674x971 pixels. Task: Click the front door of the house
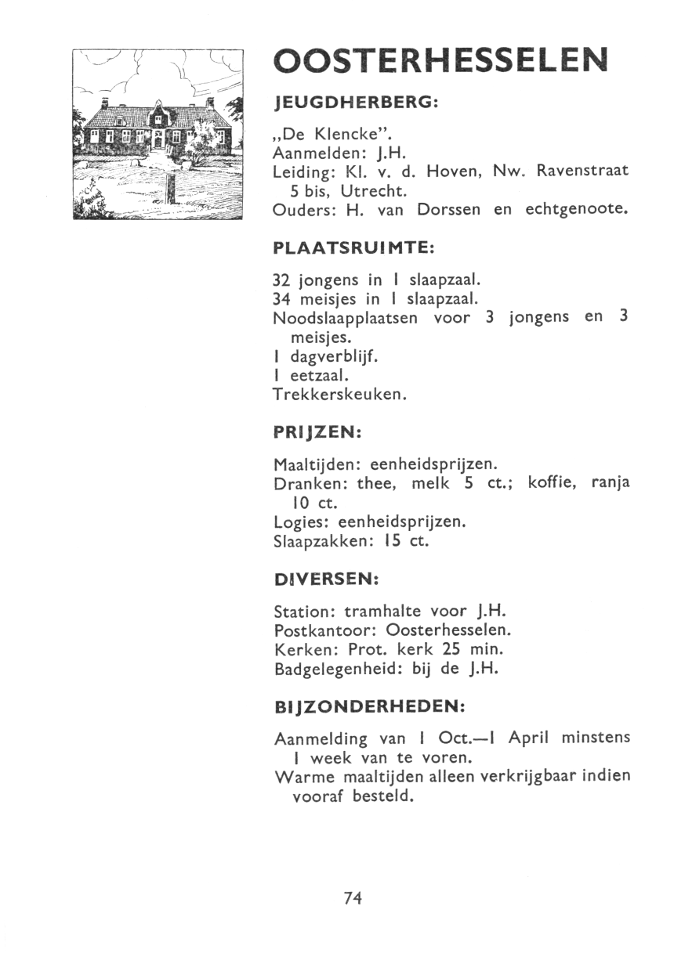pyautogui.click(x=158, y=141)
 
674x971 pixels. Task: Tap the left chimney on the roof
pyautogui.click(x=104, y=103)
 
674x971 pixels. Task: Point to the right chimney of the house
pyautogui.click(x=210, y=102)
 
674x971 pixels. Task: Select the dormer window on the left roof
pyautogui.click(x=119, y=121)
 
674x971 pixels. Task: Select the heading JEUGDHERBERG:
pyautogui.click(x=353, y=103)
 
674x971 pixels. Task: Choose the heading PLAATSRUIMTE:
pyautogui.click(x=353, y=247)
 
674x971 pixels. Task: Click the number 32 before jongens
pyautogui.click(x=281, y=280)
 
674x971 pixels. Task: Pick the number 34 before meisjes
pyautogui.click(x=281, y=298)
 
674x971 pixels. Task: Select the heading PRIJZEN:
pyautogui.click(x=315, y=432)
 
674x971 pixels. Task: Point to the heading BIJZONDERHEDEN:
pyautogui.click(x=370, y=706)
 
